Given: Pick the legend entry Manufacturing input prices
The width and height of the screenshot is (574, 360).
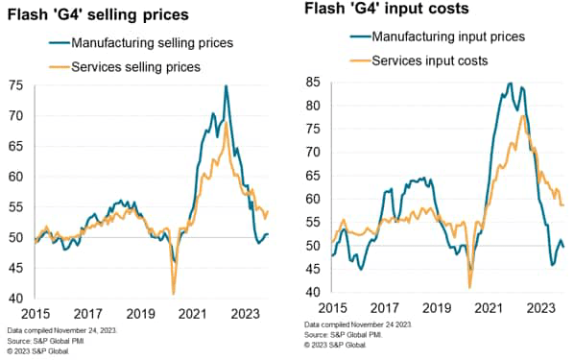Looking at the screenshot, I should (448, 36).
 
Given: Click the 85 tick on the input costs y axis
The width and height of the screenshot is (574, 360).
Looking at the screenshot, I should (313, 81).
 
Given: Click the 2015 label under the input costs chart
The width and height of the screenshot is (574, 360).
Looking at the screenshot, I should (331, 309).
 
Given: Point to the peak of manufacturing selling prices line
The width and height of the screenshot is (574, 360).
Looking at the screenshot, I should (226, 86).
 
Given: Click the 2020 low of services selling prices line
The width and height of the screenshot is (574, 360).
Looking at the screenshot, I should (173, 293).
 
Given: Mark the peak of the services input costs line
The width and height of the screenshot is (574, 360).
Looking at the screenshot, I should (521, 116).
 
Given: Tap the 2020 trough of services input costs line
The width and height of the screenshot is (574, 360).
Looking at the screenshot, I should (469, 286).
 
